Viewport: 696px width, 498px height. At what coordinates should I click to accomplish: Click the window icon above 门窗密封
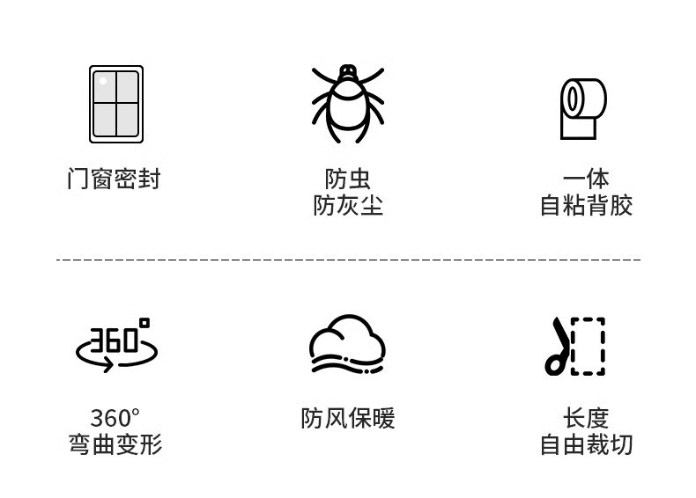click(x=115, y=104)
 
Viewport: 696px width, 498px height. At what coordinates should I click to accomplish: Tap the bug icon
click(x=348, y=104)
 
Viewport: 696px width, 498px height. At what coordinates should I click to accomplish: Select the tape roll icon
click(x=583, y=108)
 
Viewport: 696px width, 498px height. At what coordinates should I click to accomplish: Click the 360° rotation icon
click(x=116, y=346)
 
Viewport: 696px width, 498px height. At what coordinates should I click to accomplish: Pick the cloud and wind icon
click(x=347, y=344)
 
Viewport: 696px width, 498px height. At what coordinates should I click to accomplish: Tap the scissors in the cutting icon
click(x=557, y=348)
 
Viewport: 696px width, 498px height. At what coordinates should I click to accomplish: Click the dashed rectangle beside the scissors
click(x=588, y=347)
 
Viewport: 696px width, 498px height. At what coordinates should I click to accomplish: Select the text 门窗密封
click(x=115, y=179)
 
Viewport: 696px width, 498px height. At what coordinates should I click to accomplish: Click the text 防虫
click(x=347, y=179)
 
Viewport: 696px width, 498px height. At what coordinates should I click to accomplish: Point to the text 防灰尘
click(x=347, y=206)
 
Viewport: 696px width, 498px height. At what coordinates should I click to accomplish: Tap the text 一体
click(x=586, y=179)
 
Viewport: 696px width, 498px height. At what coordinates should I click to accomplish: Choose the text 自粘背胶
click(x=586, y=206)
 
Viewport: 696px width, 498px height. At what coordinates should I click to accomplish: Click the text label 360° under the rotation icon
click(x=115, y=418)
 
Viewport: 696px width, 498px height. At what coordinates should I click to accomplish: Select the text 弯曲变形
click(x=115, y=444)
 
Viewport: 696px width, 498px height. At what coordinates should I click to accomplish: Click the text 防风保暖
click(x=347, y=418)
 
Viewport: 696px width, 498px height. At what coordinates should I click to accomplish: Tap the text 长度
click(x=586, y=418)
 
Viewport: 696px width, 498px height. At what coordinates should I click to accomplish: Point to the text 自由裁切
click(x=586, y=444)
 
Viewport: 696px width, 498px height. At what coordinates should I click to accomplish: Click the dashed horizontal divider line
click(x=348, y=260)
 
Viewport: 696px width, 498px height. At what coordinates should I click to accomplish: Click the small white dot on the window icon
click(x=103, y=81)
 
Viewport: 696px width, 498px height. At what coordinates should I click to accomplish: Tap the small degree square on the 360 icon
click(x=144, y=324)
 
